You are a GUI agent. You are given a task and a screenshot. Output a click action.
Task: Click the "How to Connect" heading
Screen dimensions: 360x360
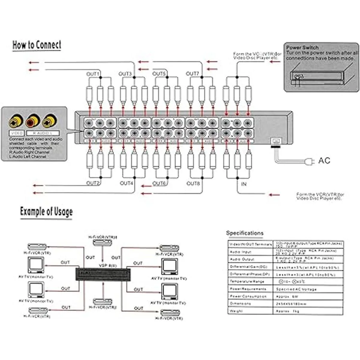click(x=37, y=45)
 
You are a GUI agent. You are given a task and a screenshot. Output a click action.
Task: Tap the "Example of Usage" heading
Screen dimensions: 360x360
click(x=46, y=211)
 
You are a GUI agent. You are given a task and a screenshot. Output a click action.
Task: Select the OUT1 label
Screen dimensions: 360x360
click(x=92, y=74)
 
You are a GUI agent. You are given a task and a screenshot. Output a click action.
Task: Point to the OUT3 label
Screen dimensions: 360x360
click(x=125, y=74)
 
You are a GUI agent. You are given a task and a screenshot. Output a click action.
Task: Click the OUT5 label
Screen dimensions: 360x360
click(x=159, y=74)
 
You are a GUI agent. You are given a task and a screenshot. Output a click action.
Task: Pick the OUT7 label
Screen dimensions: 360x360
click(x=192, y=74)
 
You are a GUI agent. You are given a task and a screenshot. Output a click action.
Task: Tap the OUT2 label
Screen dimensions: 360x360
click(x=93, y=183)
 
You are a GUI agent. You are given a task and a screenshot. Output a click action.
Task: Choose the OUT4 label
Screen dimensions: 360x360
click(x=126, y=183)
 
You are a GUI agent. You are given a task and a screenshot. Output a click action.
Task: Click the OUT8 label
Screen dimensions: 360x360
click(x=193, y=183)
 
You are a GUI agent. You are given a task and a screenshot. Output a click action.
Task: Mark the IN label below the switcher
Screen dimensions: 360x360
click(x=244, y=184)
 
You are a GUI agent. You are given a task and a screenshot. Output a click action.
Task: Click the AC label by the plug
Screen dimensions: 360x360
click(x=324, y=160)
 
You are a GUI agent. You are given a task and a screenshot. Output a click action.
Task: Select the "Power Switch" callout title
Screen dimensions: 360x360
click(x=302, y=47)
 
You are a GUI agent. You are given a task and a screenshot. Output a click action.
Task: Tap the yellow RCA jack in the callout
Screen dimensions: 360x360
click(x=16, y=121)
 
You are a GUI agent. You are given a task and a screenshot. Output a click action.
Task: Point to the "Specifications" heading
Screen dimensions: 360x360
click(x=245, y=233)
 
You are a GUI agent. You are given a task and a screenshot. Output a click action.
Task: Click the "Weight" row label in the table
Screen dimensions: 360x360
click(x=236, y=311)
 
